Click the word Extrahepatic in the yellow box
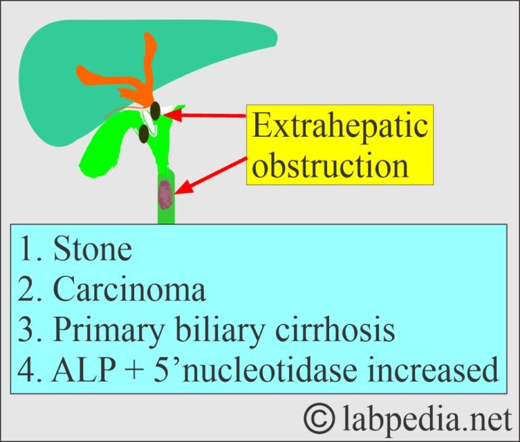tap(341, 127)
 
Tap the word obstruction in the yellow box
tap(330, 164)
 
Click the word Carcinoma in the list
tap(129, 290)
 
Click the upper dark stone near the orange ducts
tap(156, 110)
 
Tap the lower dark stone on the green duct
tap(144, 135)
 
